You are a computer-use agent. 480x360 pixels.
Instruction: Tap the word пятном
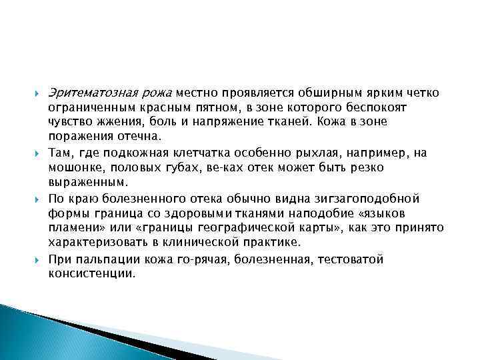tap(215, 107)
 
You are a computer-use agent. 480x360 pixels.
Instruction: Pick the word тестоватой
tap(350, 259)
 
